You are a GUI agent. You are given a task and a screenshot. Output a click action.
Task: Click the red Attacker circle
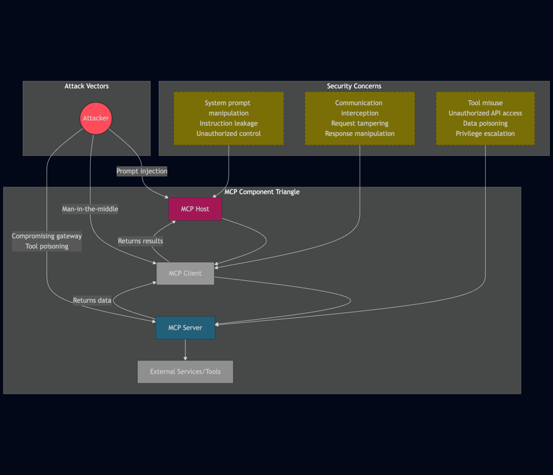96,118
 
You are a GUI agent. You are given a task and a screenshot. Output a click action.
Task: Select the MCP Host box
195,209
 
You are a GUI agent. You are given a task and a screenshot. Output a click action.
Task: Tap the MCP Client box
185,273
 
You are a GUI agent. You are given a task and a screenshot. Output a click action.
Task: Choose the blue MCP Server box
185,328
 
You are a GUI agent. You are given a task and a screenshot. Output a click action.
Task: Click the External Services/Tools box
185,372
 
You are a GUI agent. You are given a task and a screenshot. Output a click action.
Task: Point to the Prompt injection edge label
141,171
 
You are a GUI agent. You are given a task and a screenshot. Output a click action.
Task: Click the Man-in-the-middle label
90,209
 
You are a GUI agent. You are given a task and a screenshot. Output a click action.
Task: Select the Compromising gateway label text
46,236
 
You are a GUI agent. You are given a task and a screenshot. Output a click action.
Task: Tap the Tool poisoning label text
46,246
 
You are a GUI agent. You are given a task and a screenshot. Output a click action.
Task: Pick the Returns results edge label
140,241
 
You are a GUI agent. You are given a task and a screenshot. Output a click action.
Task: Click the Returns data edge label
92,301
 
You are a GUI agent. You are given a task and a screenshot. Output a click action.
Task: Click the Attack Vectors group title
87,87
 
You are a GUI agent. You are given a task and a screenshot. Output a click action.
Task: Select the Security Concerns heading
354,87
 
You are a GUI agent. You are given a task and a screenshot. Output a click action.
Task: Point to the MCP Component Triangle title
262,192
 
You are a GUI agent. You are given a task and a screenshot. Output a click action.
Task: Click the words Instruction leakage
229,124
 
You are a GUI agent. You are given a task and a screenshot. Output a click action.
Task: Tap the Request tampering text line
360,124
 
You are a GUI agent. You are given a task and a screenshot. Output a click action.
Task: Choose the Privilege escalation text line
485,134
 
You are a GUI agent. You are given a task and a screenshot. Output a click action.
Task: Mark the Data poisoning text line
485,124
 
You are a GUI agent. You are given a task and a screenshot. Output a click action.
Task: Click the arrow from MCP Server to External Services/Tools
185,349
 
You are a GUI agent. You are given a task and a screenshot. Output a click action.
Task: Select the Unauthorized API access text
485,113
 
